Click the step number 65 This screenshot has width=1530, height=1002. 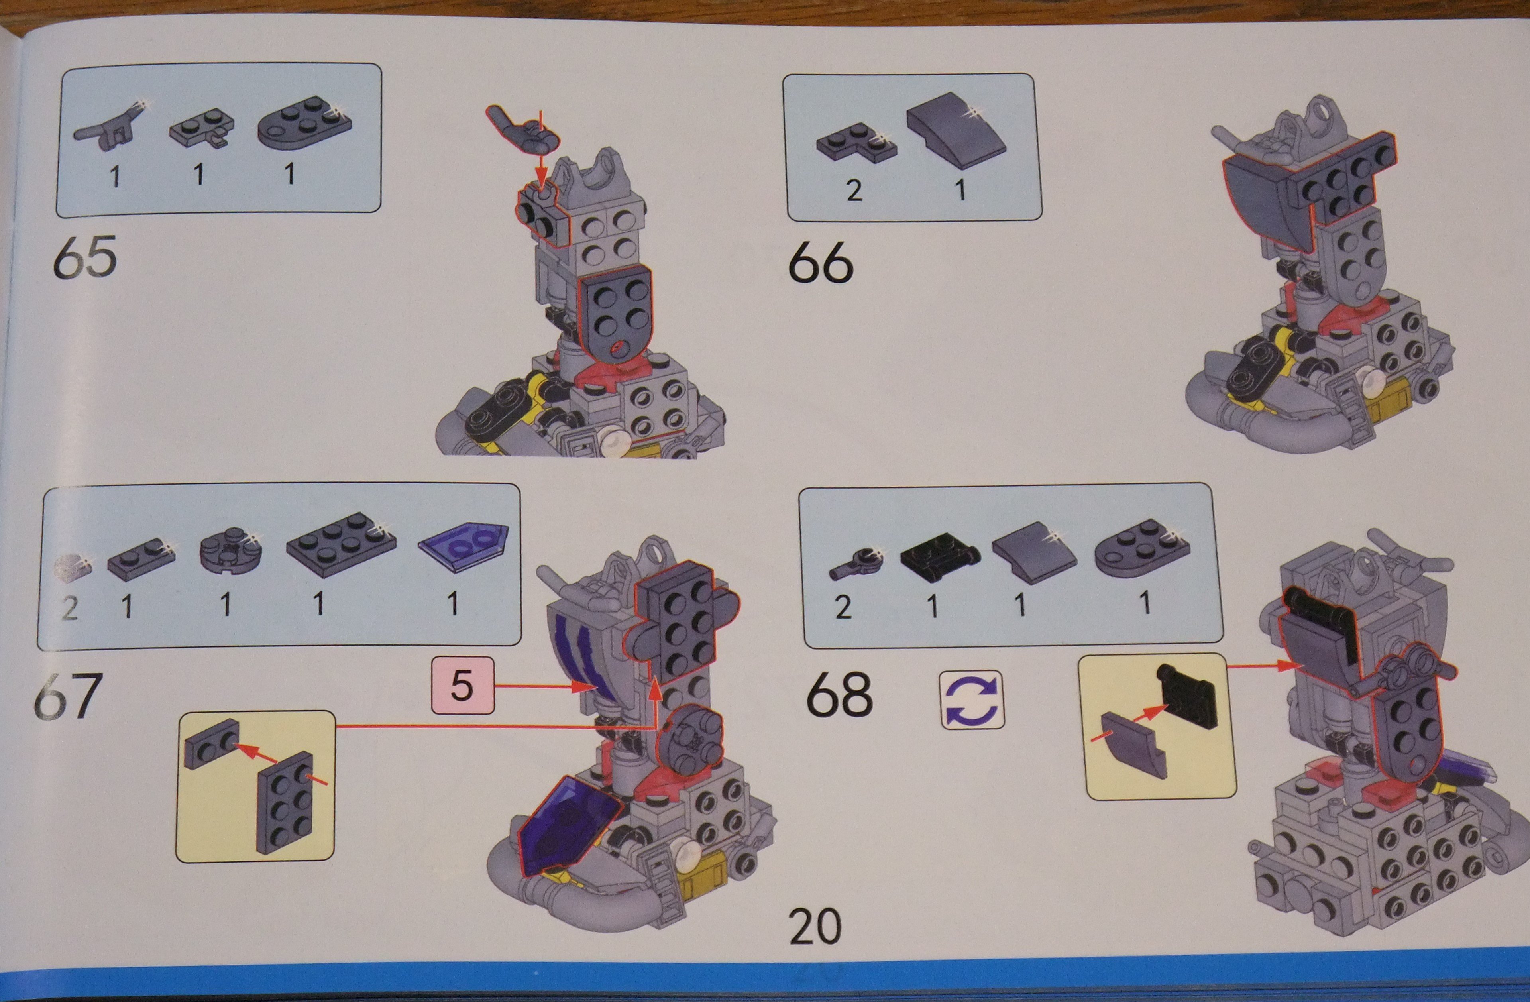(85, 257)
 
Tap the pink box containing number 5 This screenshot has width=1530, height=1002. (463, 685)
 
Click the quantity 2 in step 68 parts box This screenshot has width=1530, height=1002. (843, 607)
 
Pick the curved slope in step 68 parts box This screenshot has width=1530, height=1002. (1034, 553)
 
